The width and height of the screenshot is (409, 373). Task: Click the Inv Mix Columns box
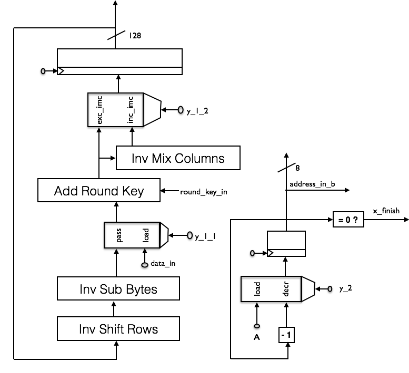(x=178, y=158)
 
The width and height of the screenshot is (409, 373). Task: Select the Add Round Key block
(x=99, y=190)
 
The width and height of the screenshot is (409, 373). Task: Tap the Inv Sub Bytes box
(x=118, y=288)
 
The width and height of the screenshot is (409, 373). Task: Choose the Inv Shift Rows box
(x=118, y=328)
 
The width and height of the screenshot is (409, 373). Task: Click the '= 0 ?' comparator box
(x=348, y=220)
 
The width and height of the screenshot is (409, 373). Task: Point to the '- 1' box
(x=286, y=335)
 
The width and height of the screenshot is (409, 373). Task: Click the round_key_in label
(x=204, y=192)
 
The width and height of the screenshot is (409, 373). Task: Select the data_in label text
(x=163, y=263)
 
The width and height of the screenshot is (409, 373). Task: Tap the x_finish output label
(x=386, y=211)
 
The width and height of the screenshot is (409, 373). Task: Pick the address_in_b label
(x=312, y=184)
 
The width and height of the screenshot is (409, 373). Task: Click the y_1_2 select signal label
(x=197, y=111)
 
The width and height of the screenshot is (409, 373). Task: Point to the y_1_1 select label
(x=205, y=236)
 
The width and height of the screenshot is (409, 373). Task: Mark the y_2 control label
(x=346, y=288)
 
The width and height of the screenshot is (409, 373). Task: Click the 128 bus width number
(x=135, y=35)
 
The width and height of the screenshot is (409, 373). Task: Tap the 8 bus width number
(x=297, y=168)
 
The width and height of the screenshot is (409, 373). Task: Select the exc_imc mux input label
(x=99, y=110)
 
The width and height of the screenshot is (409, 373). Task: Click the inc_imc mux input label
(x=131, y=110)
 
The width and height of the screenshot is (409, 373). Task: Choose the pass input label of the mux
(x=118, y=235)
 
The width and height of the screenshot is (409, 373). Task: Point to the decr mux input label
(x=286, y=288)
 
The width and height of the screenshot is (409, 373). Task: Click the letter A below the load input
(x=257, y=337)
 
